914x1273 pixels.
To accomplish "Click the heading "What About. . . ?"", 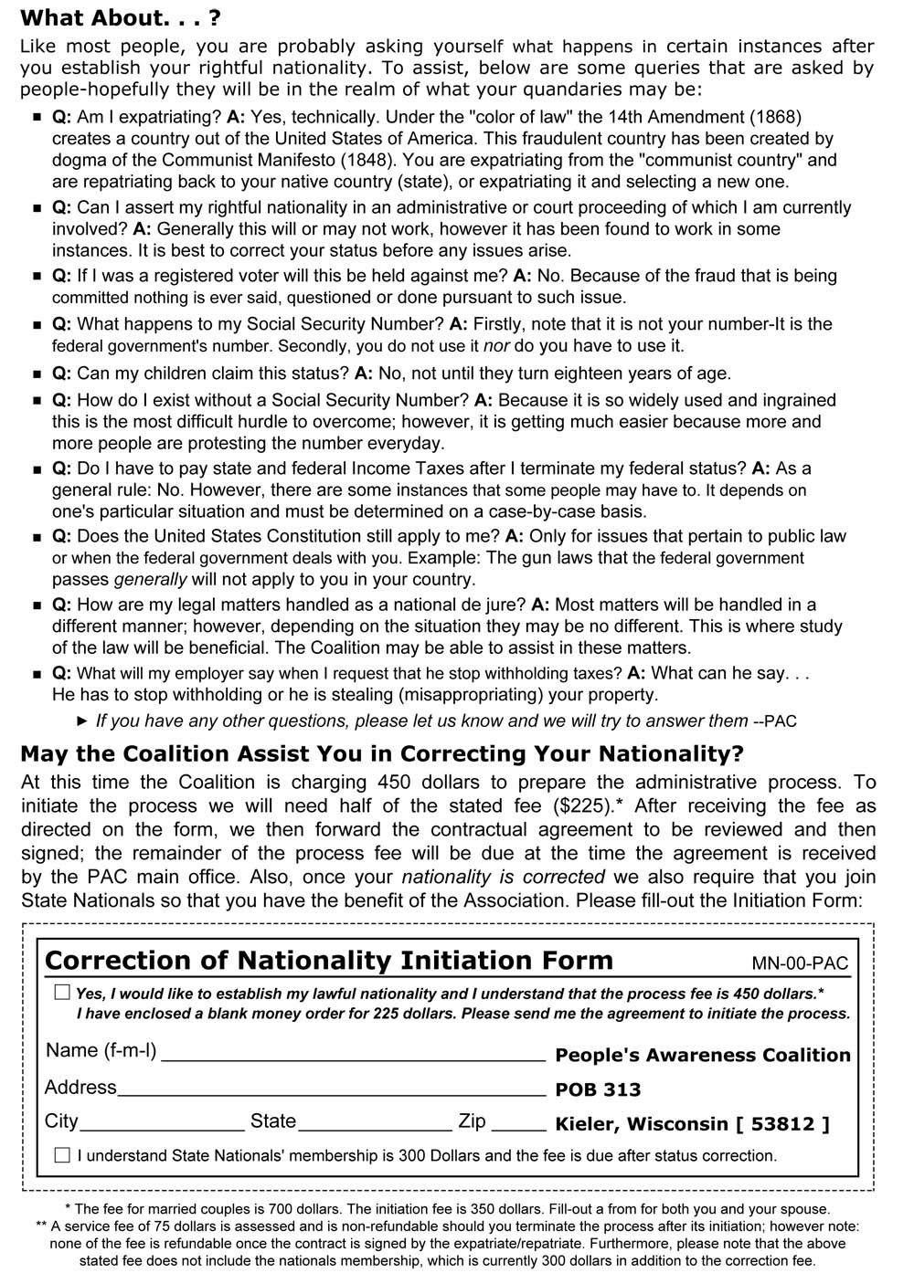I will click(120, 18).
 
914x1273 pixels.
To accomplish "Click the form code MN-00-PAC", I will click(800, 963).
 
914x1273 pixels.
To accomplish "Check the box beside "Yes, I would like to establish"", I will click(62, 992).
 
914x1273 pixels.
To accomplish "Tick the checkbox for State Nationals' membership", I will click(62, 1155).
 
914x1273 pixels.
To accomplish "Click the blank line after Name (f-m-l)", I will click(354, 1056).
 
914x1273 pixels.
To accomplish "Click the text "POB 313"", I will click(598, 1089).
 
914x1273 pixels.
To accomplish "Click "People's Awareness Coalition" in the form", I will click(703, 1056).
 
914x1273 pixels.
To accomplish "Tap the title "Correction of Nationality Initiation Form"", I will click(329, 961).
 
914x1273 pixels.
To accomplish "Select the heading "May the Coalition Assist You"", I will click(382, 754).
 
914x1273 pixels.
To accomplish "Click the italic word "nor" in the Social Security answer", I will click(496, 346).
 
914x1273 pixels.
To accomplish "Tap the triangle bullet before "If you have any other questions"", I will click(82, 721).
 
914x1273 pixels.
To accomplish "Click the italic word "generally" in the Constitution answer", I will click(150, 580).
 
